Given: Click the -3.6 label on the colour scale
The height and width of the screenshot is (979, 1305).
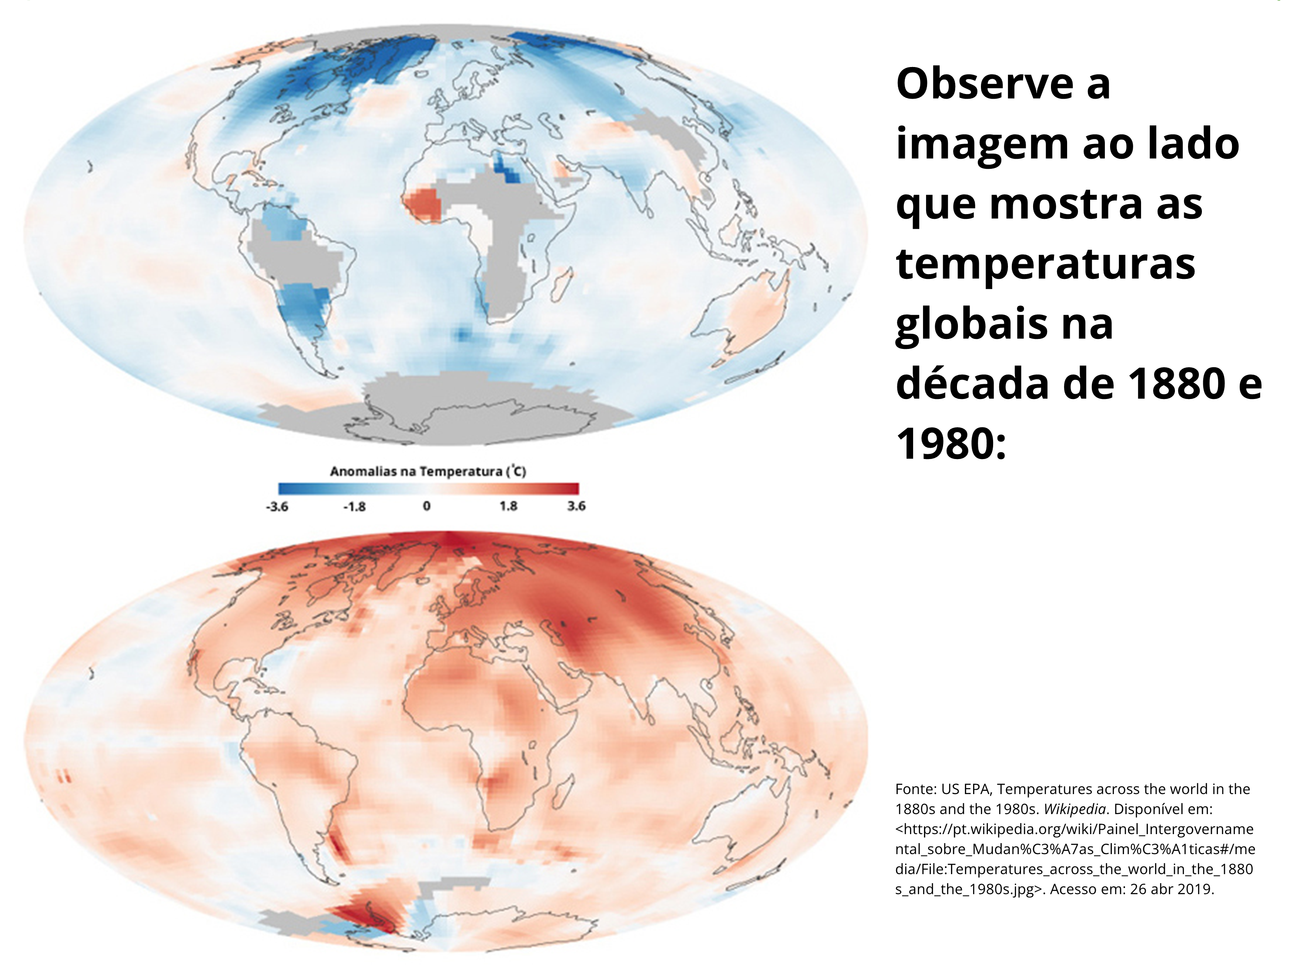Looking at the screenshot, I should click(277, 506).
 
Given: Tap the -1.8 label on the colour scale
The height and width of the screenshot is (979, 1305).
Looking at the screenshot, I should click(355, 506).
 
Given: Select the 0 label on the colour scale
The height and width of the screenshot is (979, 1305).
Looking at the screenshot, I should click(427, 506).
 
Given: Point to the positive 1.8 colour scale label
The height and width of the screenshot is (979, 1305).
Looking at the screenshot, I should click(508, 506).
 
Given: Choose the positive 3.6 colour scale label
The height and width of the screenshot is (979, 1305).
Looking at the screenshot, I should click(576, 506).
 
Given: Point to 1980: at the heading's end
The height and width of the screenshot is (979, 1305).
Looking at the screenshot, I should click(950, 443).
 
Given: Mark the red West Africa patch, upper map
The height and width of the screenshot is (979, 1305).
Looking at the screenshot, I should click(425, 204).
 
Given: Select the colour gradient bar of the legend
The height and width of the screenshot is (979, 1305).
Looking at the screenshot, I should click(428, 489).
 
